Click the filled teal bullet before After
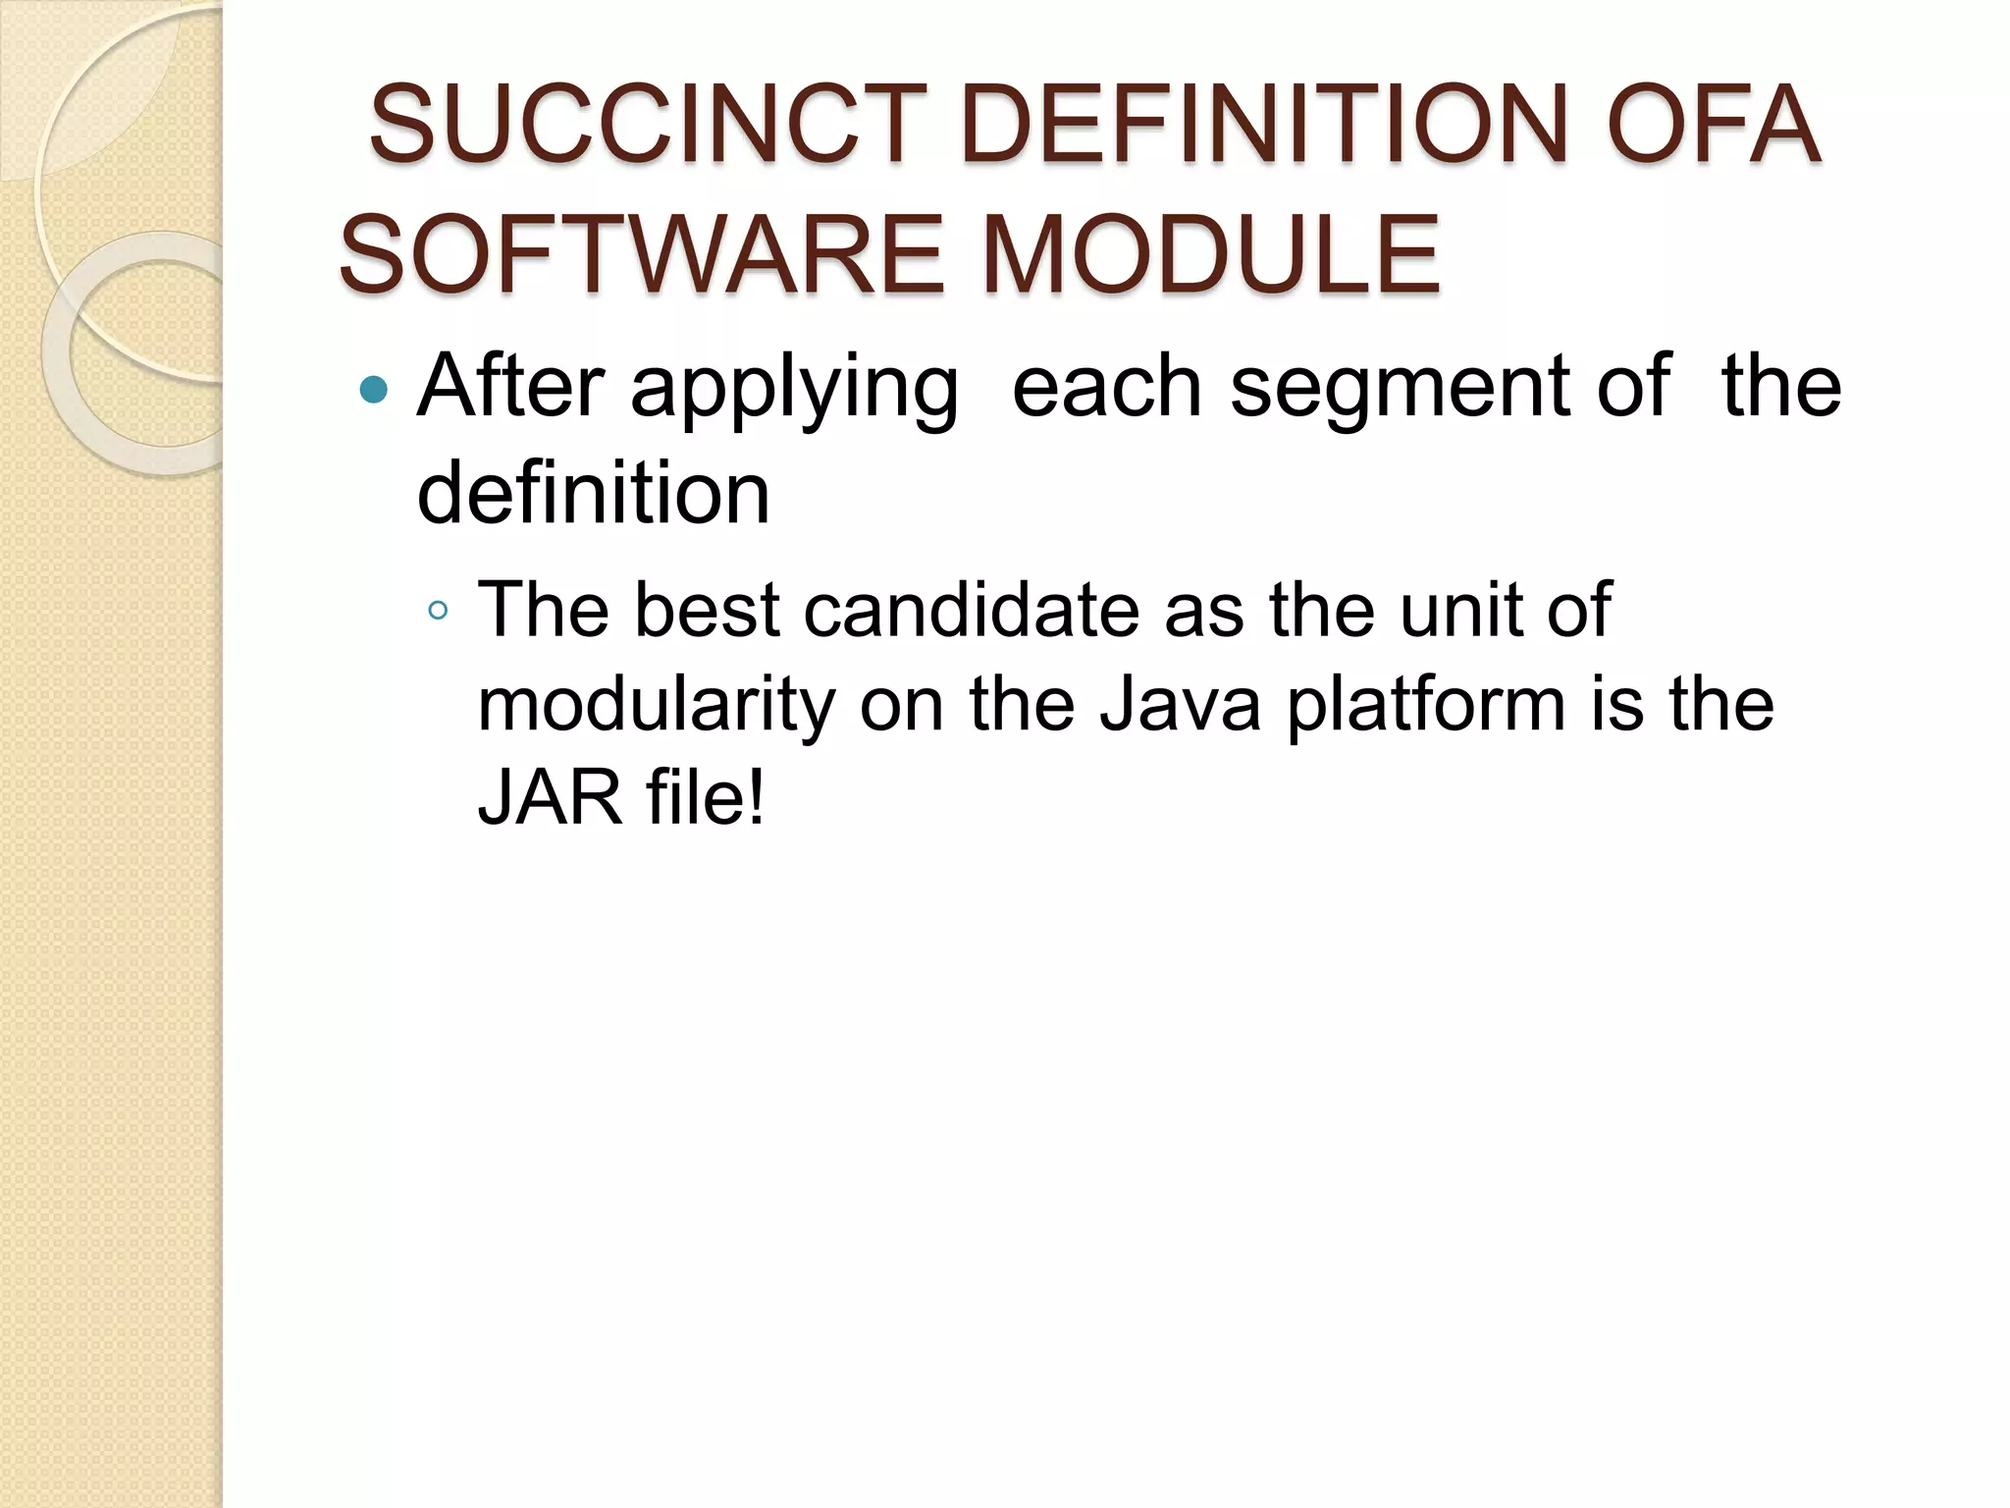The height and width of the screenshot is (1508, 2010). click(374, 391)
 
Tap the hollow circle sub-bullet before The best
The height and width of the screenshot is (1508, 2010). click(438, 612)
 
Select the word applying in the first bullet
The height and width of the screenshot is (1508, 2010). click(794, 390)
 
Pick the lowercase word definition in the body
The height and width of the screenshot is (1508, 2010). click(593, 493)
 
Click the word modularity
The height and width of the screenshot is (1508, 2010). click(657, 705)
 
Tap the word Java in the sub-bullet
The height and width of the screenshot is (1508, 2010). click(1179, 705)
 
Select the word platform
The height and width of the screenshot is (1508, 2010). click(1425, 705)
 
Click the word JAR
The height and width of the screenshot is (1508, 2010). click(550, 796)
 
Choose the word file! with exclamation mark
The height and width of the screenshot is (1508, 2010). click(705, 796)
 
